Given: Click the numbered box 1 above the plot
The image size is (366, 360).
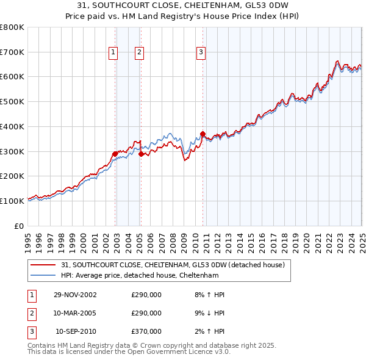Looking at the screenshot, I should point(113,53).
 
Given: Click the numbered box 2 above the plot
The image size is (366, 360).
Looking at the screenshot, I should point(140,53).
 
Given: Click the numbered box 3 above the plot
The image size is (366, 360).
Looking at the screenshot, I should point(201,53).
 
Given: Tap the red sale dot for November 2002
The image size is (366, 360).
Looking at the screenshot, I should point(115,154).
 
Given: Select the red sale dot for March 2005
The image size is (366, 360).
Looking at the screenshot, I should point(141,154).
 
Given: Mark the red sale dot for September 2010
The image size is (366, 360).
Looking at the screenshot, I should point(203,134).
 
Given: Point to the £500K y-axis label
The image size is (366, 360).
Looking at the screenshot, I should point(12,102).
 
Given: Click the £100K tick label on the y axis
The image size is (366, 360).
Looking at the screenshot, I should point(12,201).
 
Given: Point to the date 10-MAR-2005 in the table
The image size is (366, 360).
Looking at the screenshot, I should point(75,313).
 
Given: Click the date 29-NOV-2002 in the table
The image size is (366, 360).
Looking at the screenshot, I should point(75,295).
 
